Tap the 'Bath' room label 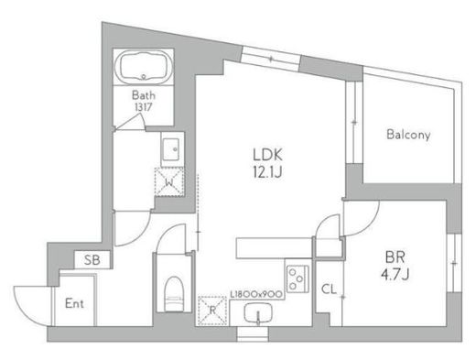[144, 94]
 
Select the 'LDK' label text [266, 154]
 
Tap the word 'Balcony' [407, 135]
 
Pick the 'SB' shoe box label [92, 261]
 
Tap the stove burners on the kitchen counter [297, 277]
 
